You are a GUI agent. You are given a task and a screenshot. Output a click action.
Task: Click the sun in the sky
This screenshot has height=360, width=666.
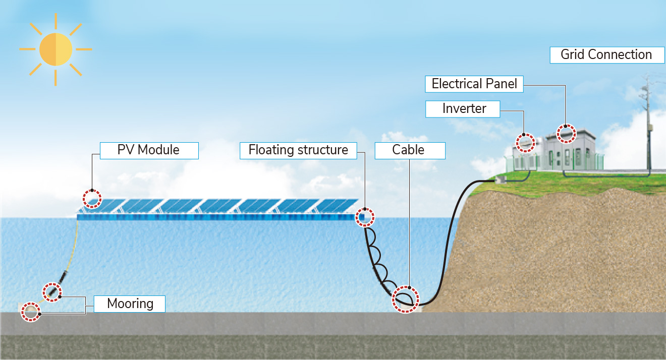coord(56,49)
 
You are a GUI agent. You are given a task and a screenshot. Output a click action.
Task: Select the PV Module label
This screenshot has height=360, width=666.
coord(149,150)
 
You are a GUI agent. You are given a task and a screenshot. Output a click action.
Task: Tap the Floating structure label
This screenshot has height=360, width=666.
coord(298,150)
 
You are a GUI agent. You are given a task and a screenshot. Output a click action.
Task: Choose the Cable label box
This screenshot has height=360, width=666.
coord(409,150)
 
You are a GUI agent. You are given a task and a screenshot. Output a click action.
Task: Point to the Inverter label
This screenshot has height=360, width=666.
coord(464,108)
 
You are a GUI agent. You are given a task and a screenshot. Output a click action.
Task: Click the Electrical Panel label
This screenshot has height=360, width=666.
coord(474,84)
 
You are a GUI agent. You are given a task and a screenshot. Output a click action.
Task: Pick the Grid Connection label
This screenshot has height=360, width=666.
coord(606,54)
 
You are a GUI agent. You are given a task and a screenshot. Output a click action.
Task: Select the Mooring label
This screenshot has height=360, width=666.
coord(130,304)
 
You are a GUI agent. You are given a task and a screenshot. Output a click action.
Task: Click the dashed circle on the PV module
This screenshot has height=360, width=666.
coord(92,199)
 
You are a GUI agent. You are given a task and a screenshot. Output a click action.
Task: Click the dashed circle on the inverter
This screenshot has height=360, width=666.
coord(525,142)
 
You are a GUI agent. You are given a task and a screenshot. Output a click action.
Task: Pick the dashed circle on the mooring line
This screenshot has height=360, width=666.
coord(51,292)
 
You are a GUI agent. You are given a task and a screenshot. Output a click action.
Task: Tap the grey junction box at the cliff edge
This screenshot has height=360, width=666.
coord(501,179)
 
